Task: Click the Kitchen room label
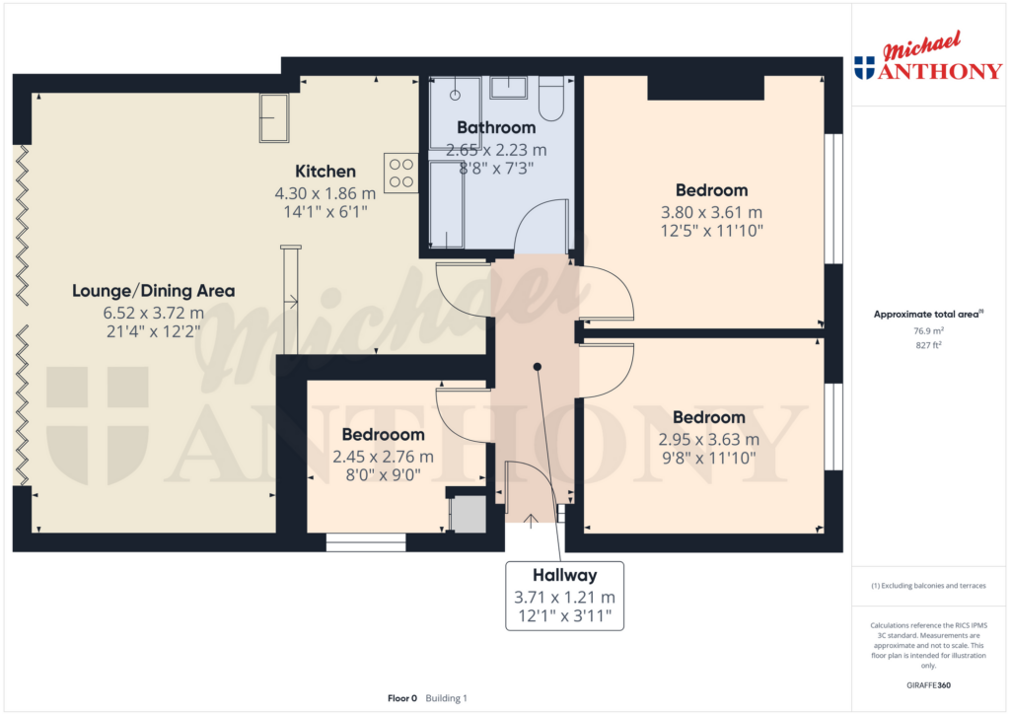coord(325,172)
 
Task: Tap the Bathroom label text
coord(496,127)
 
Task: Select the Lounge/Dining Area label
coord(153,291)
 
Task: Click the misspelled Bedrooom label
coord(384,435)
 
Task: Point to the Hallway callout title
coord(565,575)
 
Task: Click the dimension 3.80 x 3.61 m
coord(711,212)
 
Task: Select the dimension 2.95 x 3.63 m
coord(708,439)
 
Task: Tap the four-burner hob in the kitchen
coord(401,174)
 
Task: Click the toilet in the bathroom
coord(551,99)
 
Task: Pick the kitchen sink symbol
coord(274,118)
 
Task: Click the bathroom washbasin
coord(508,88)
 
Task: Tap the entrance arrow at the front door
coord(530,522)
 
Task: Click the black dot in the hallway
coord(538,367)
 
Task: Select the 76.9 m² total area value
coord(928,331)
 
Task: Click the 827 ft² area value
coord(928,345)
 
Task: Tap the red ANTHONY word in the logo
coord(940,71)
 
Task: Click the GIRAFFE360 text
coord(928,685)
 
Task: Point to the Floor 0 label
coord(402,698)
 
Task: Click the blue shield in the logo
coord(864,68)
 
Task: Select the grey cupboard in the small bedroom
coord(468,514)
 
